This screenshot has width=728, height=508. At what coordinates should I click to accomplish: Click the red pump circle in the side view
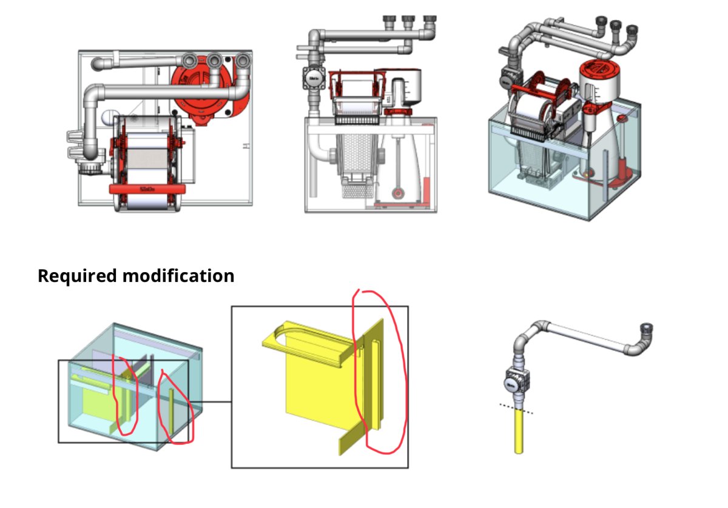pos(397,193)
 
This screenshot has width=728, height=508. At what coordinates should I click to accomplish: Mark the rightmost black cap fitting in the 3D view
pos(632,29)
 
